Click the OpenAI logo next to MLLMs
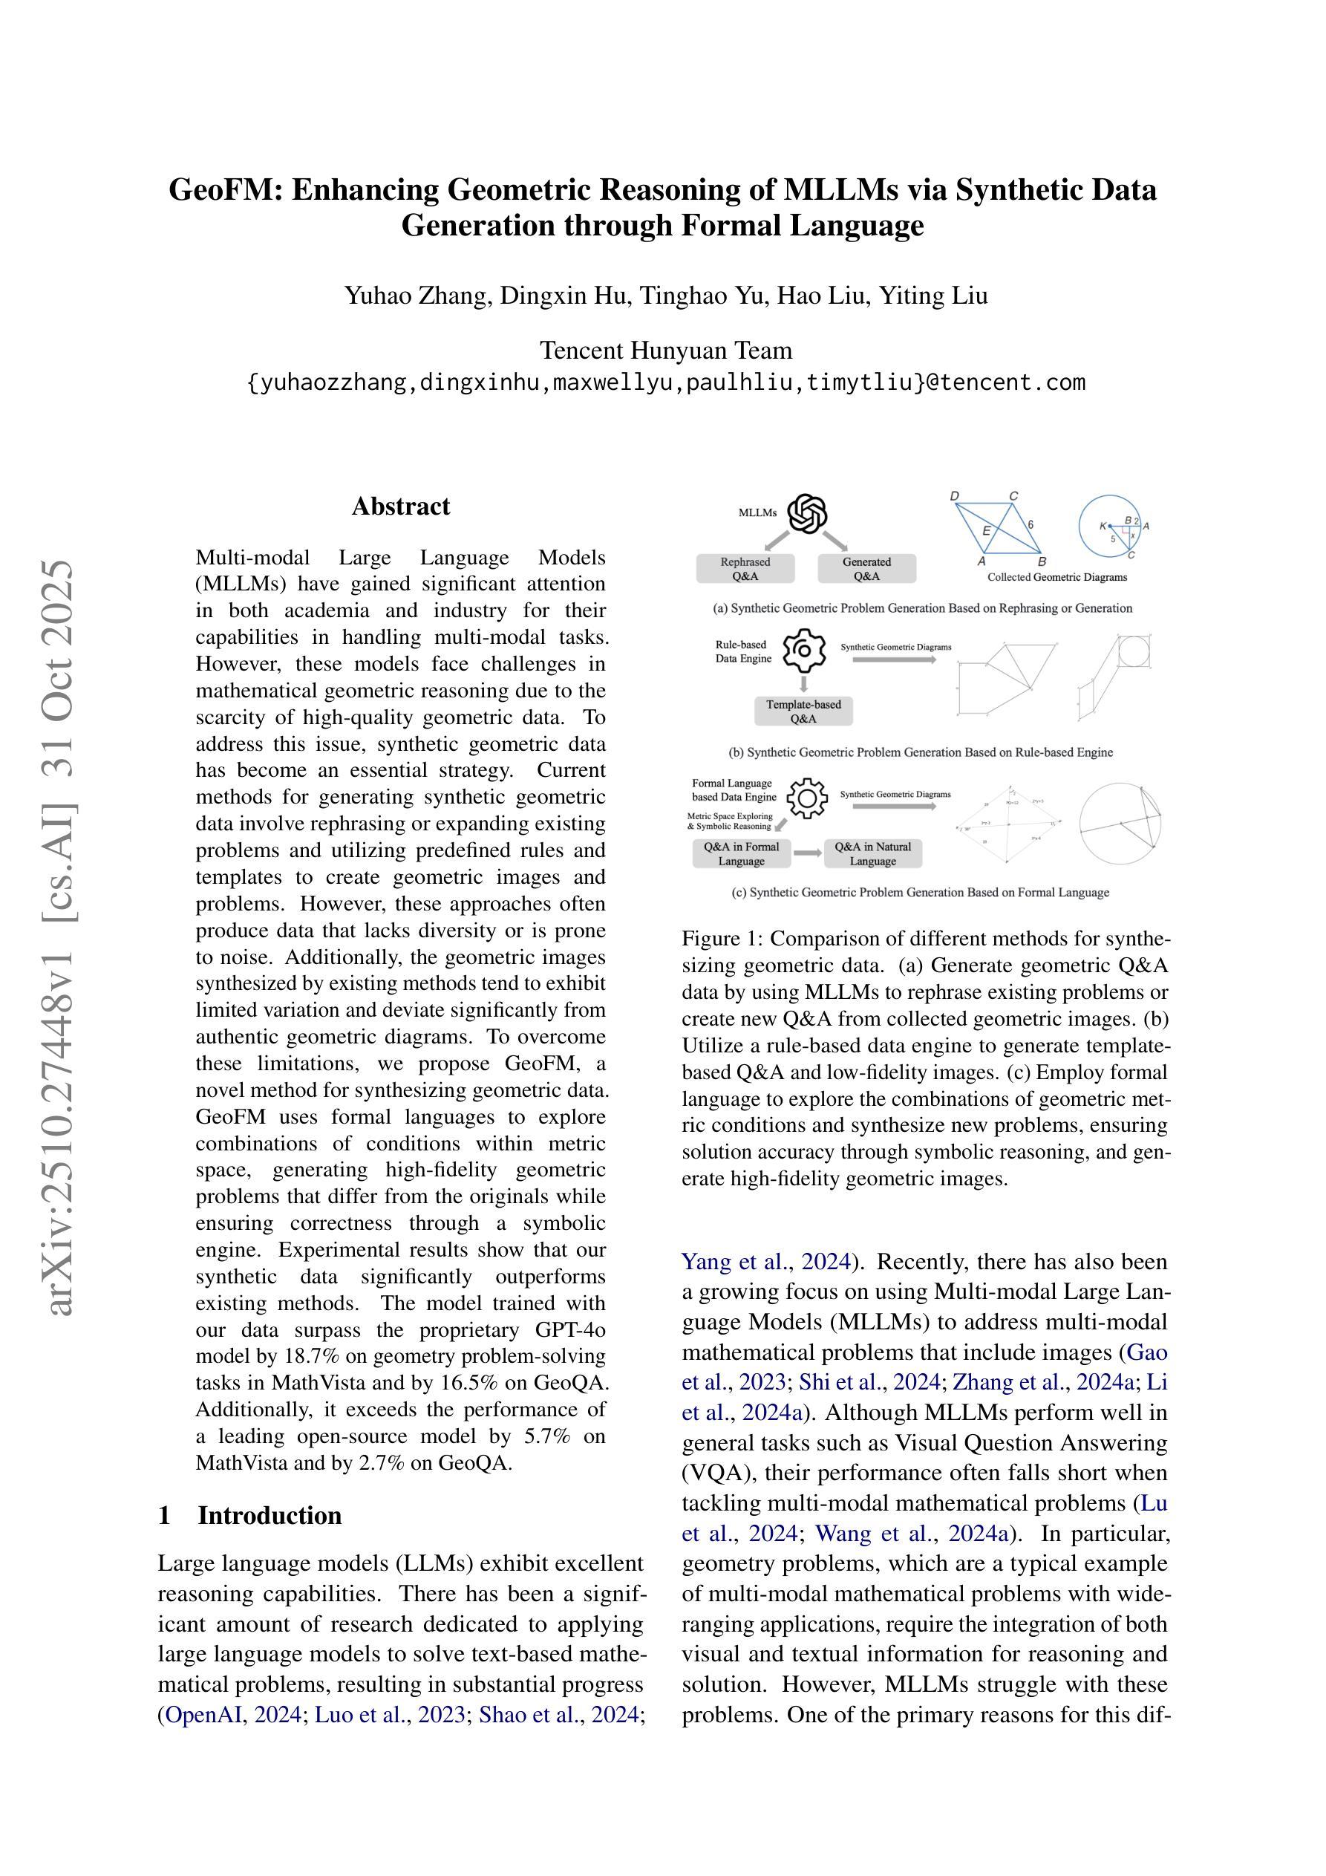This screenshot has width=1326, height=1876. pos(806,514)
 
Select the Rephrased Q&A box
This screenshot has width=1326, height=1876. pos(745,569)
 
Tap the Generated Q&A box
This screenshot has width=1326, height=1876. pos(867,569)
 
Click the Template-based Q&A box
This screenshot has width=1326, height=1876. pos(803,711)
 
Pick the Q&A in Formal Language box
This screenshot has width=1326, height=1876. pos(741,854)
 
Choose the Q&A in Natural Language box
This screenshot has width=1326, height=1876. pos(872,854)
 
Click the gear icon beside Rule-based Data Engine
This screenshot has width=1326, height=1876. pos(804,651)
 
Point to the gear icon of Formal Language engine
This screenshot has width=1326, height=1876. pos(807,798)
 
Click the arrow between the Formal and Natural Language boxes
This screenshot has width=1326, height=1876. pos(807,854)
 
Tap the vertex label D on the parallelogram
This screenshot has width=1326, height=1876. pos(954,497)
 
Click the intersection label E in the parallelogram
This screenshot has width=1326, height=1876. pos(986,531)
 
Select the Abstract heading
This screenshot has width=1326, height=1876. pos(400,507)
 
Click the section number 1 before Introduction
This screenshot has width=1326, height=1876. pos(164,1516)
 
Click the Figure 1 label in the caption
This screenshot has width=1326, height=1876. pos(719,939)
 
